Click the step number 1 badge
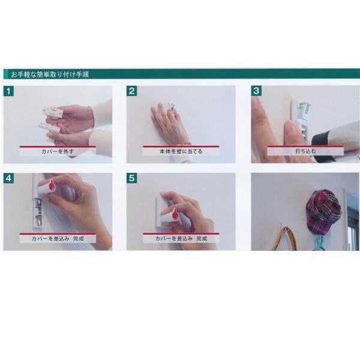[x=8, y=91]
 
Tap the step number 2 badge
[x=131, y=91]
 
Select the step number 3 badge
[x=256, y=91]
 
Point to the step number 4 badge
[x=8, y=178]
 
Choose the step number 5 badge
[x=131, y=178]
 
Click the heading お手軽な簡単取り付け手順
[x=50, y=74]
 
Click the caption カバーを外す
[x=58, y=151]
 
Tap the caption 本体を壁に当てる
[x=181, y=151]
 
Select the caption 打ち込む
[x=305, y=151]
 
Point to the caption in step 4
[x=58, y=239]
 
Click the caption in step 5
[x=181, y=239]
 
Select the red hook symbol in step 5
[x=175, y=214]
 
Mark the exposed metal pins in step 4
[x=38, y=211]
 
